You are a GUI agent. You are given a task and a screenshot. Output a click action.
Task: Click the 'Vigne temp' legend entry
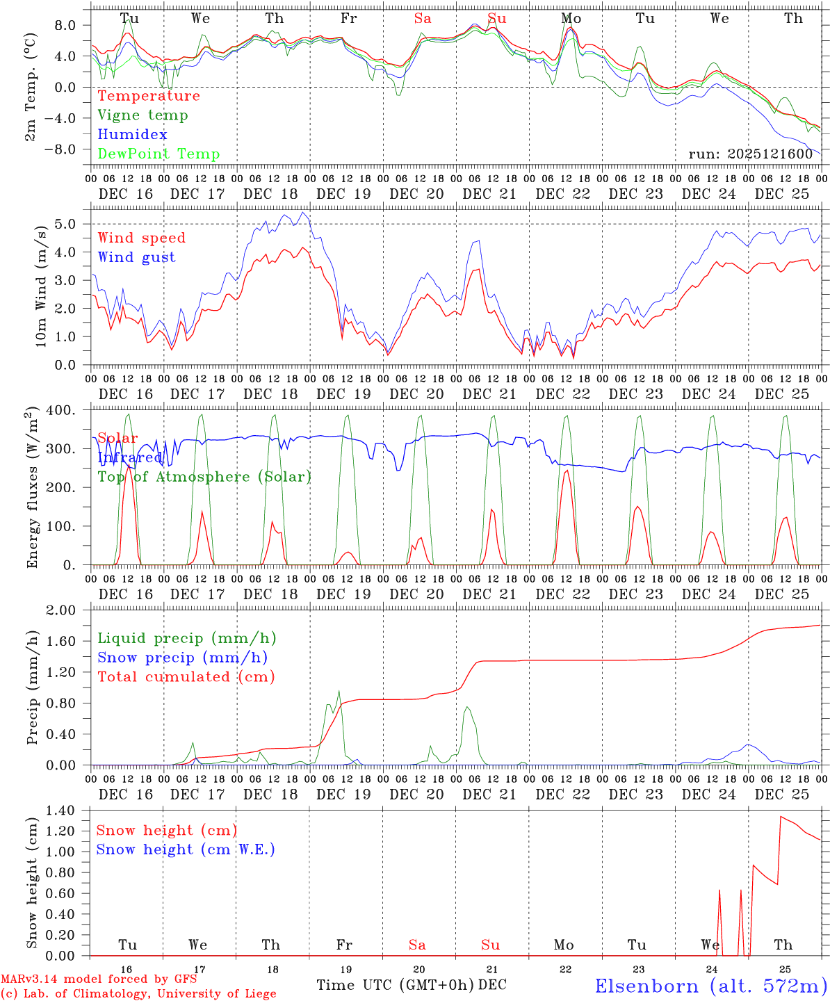click(143, 115)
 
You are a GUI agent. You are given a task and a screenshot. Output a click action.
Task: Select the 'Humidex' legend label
click(132, 135)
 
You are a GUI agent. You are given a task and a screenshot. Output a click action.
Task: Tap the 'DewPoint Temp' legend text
click(158, 154)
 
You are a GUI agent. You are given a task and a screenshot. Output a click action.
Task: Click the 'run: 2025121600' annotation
click(750, 154)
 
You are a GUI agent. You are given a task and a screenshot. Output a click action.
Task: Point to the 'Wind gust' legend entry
click(136, 257)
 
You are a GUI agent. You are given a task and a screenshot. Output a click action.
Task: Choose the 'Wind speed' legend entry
click(141, 238)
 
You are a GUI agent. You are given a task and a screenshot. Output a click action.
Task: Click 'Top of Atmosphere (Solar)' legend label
click(204, 477)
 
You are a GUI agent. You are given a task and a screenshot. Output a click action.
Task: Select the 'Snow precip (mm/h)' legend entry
click(182, 658)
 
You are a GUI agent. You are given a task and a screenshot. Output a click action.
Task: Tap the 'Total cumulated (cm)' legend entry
click(186, 677)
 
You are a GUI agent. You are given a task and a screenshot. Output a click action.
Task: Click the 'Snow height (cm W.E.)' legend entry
click(185, 849)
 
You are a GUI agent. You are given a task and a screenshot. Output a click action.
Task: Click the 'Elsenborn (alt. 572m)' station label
click(710, 986)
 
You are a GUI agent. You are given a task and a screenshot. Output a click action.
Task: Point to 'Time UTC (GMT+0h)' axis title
click(395, 985)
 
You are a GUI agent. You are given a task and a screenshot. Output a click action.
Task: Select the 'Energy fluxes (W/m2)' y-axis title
click(32, 489)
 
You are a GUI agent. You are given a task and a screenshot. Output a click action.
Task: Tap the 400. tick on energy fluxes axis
click(70, 411)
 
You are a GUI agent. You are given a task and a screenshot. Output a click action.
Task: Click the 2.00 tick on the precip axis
click(70, 610)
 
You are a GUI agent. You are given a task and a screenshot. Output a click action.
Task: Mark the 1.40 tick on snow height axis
click(69, 811)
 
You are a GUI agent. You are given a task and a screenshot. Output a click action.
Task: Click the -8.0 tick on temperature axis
click(70, 149)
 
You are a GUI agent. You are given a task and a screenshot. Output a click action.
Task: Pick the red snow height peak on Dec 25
click(781, 817)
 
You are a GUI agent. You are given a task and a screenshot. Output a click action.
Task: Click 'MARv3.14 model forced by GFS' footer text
click(99, 979)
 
